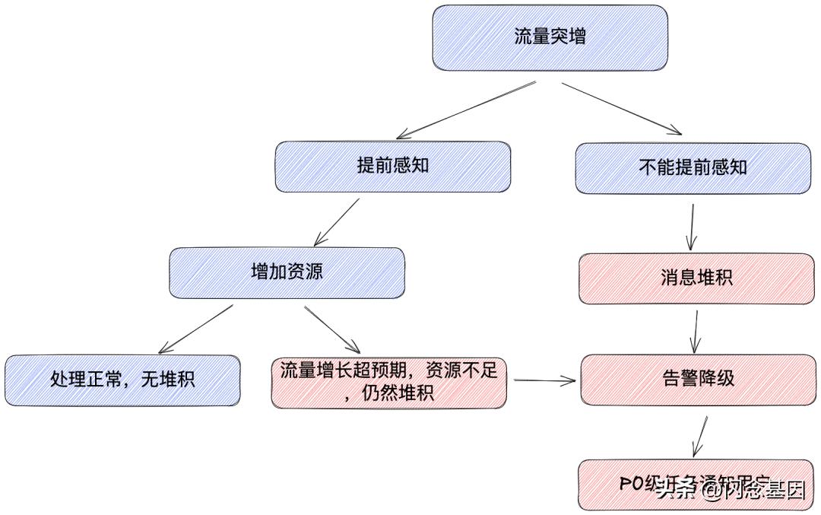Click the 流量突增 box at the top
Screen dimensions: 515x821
(550, 37)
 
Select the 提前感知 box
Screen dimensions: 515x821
(392, 166)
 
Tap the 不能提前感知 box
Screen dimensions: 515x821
(693, 167)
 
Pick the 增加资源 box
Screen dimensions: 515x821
(287, 272)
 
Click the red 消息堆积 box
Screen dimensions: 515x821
(696, 278)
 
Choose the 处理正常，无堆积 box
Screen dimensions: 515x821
(122, 379)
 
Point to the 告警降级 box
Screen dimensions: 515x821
(696, 378)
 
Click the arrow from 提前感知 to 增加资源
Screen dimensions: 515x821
(336, 222)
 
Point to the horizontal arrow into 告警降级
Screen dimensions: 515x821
(544, 380)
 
